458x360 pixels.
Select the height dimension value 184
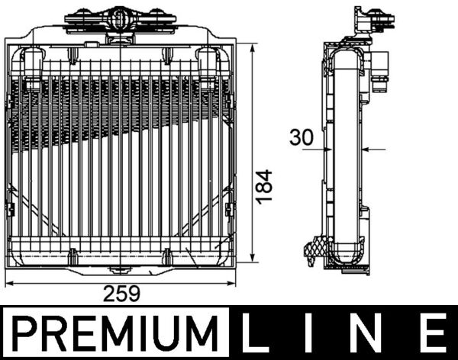tap(263, 186)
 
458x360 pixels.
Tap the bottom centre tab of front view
tap(118, 269)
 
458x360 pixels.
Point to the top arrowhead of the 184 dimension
tap(252, 47)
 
